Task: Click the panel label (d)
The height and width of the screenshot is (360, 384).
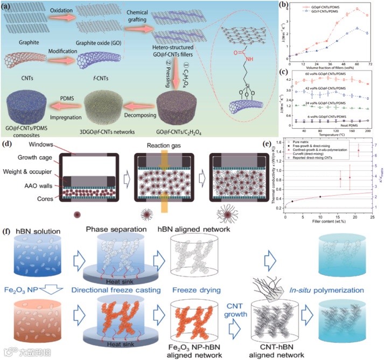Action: pos(8,143)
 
